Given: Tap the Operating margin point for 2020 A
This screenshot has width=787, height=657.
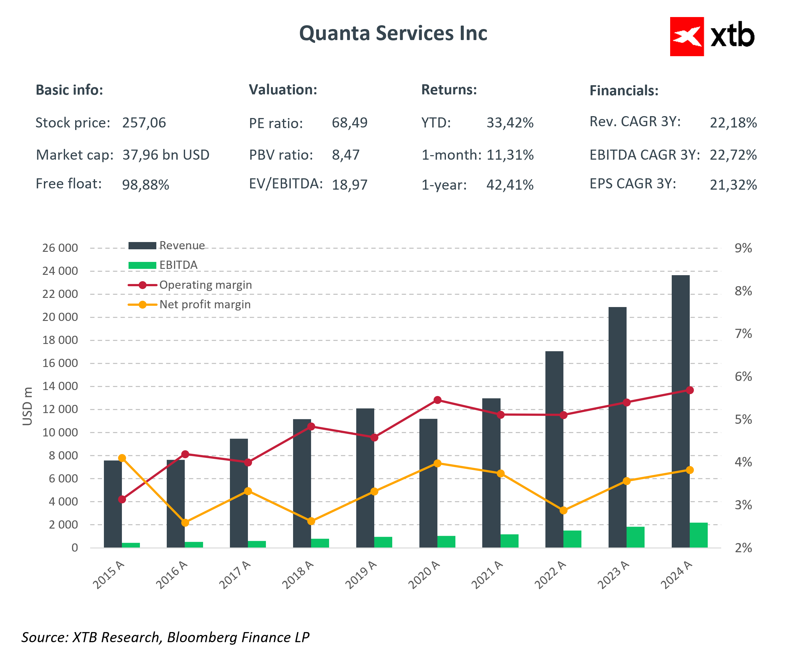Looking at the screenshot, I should [437, 400].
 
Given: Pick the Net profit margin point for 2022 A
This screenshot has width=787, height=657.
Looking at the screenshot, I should [563, 511].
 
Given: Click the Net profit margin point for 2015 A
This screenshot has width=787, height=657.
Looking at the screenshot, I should [122, 458].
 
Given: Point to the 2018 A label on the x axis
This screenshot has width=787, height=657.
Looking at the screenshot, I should [298, 575].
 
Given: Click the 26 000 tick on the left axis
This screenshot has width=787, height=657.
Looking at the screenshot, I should [60, 248].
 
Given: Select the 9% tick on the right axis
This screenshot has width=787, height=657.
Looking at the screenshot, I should [743, 248].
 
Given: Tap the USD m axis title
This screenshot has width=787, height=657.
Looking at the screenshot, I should [27, 406].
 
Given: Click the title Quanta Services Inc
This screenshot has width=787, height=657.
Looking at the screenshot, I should [393, 33].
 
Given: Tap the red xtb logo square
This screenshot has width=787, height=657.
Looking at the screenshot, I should [687, 36].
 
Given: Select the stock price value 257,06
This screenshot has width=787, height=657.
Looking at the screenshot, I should [144, 123].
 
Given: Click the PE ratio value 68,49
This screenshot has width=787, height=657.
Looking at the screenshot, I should [350, 123].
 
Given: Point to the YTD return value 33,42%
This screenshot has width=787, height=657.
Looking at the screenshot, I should [510, 123].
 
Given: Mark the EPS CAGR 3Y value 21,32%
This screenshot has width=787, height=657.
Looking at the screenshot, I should [733, 185].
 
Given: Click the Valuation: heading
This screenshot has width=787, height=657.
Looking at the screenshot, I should [283, 90].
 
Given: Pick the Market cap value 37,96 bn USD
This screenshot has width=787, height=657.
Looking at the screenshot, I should [166, 155].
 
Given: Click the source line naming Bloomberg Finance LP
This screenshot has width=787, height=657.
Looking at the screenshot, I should [165, 637].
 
